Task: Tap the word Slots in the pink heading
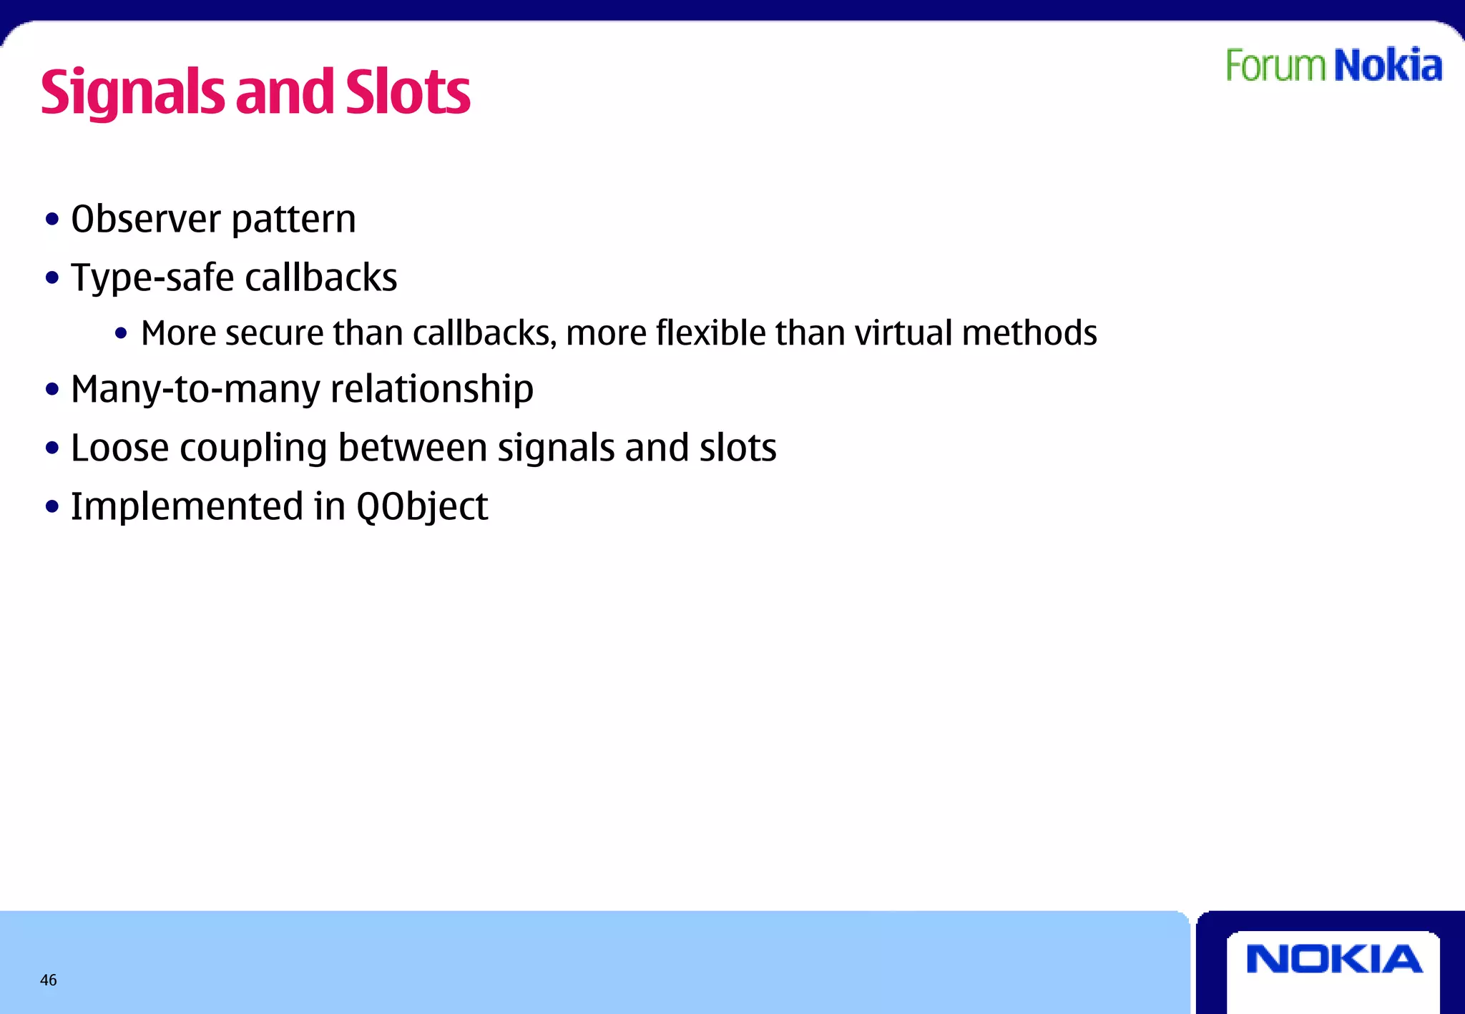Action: click(408, 93)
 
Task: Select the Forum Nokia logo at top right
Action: click(1334, 66)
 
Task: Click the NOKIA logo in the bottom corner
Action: click(1334, 959)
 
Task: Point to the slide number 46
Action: click(49, 980)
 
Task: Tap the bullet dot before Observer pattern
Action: click(52, 220)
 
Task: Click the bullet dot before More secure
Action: click(121, 333)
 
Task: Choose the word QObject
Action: click(422, 508)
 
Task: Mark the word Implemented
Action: click(187, 507)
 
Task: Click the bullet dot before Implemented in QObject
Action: click(52, 507)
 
